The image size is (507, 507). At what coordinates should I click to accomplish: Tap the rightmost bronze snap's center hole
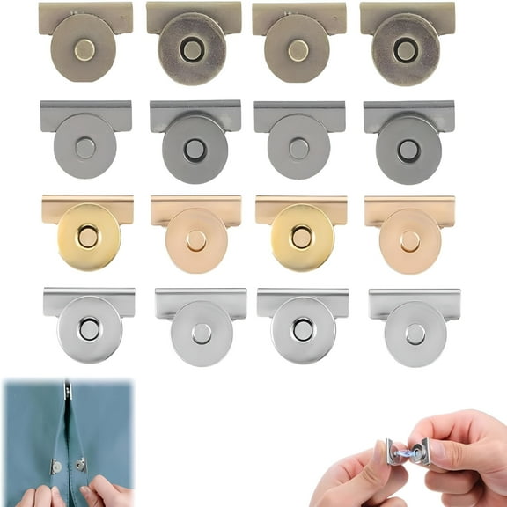[x=405, y=50]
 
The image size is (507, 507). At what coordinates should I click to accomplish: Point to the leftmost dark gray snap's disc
[x=85, y=147]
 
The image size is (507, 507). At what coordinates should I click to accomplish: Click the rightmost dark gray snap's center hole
[x=408, y=150]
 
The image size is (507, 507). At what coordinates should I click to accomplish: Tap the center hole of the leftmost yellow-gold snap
[x=87, y=235]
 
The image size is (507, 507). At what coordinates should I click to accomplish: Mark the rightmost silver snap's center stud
[x=415, y=332]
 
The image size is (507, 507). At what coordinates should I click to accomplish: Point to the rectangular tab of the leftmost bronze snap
[x=86, y=12]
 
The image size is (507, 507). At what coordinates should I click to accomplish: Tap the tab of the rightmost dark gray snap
[x=408, y=112]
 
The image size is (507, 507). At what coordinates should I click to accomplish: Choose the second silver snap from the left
[x=202, y=329]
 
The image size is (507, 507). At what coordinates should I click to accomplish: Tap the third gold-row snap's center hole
[x=302, y=235]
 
